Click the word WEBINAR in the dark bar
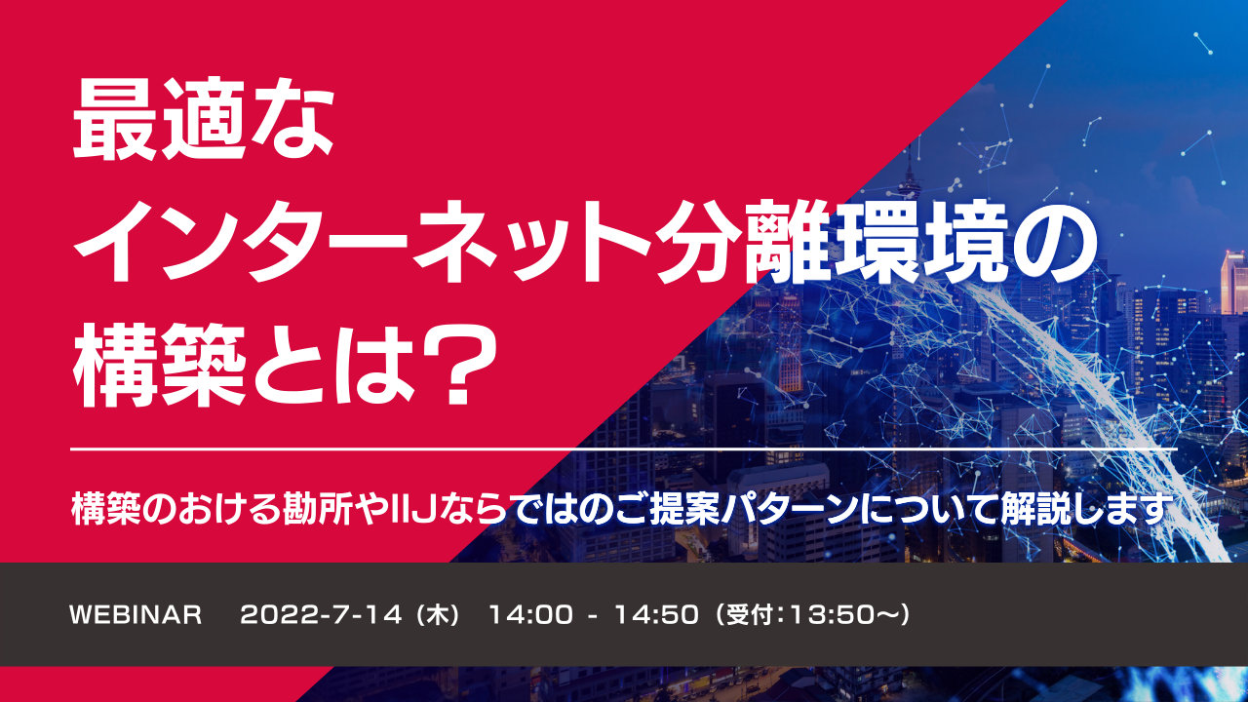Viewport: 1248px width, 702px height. click(136, 615)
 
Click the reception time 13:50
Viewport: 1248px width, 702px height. click(823, 615)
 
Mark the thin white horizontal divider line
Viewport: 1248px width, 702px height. click(624, 449)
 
